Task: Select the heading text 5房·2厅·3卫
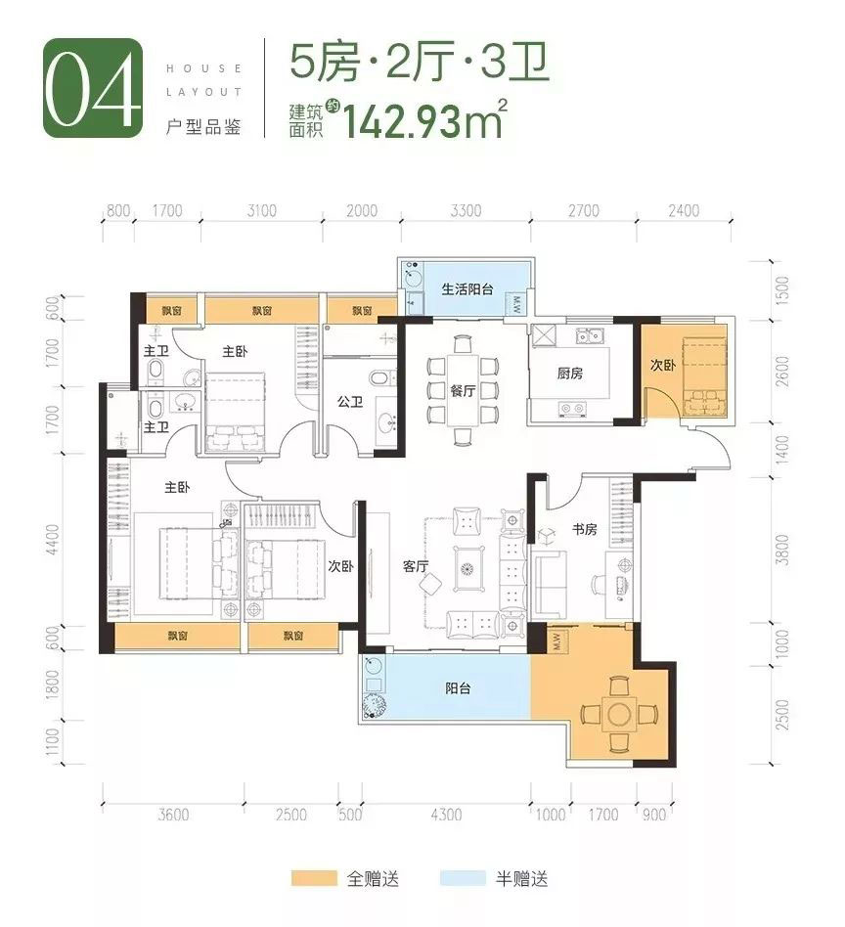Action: click(419, 65)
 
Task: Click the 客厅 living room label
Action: click(416, 566)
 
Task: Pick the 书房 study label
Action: click(584, 529)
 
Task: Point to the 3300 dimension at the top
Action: click(467, 210)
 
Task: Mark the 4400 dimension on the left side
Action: click(50, 539)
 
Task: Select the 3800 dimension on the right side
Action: click(781, 556)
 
